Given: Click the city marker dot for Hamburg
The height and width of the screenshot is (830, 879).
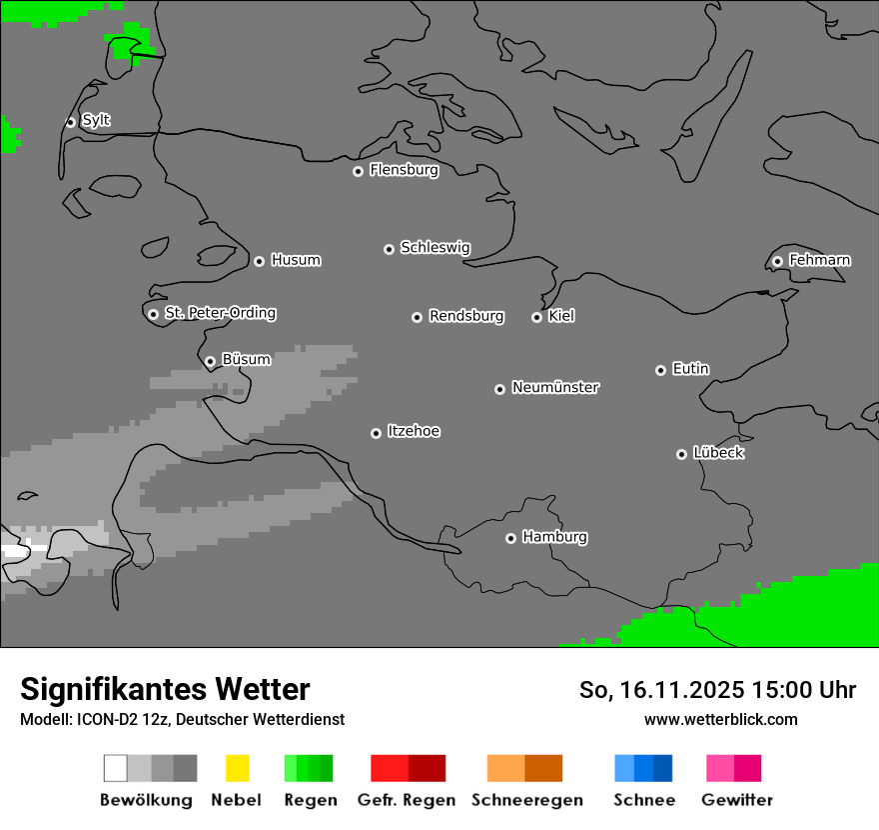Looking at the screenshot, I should coord(510,538).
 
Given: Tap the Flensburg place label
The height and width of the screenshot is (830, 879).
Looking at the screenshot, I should coord(404,170).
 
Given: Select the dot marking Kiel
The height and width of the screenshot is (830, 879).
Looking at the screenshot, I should coord(536,317).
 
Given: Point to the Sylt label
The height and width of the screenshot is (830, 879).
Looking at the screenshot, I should coord(96,120).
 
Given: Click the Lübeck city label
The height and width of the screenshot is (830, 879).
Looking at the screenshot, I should coord(718,453).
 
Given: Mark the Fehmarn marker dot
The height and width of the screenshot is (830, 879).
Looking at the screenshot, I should coord(777,262).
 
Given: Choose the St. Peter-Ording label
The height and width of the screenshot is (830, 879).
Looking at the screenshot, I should coord(220,313).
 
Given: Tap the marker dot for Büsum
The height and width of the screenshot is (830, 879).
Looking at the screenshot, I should coord(210,362).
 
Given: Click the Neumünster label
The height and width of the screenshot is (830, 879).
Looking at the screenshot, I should coord(555,387).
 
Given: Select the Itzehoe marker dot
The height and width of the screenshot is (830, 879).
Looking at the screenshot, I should coord(376,433).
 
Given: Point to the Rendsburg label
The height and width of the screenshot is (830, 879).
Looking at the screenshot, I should coord(466,316).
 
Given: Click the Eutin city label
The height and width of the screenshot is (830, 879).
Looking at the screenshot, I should coord(690,369).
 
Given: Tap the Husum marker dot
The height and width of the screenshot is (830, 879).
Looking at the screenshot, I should coord(259,261).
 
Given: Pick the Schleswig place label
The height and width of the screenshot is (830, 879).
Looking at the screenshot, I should coord(436,247).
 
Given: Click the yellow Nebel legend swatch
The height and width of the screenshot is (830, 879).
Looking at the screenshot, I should coord(237,768).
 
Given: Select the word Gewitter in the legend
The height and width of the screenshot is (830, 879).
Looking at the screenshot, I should coord(737,800).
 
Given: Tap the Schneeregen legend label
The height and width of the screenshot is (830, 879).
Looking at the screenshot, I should coord(527,800).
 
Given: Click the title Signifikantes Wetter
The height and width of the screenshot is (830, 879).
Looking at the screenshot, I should coord(165,689).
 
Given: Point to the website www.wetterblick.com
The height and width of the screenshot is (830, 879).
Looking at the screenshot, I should coord(720,719).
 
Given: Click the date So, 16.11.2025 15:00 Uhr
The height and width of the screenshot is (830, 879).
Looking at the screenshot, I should coord(717,690).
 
